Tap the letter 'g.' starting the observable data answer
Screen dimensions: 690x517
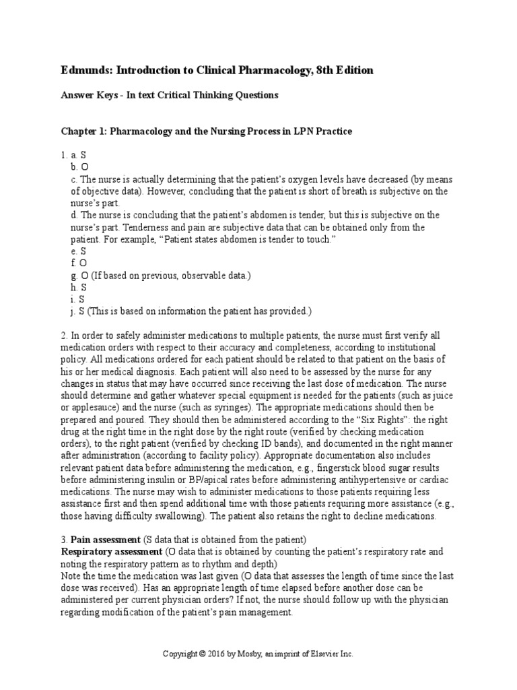tap(73, 275)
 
